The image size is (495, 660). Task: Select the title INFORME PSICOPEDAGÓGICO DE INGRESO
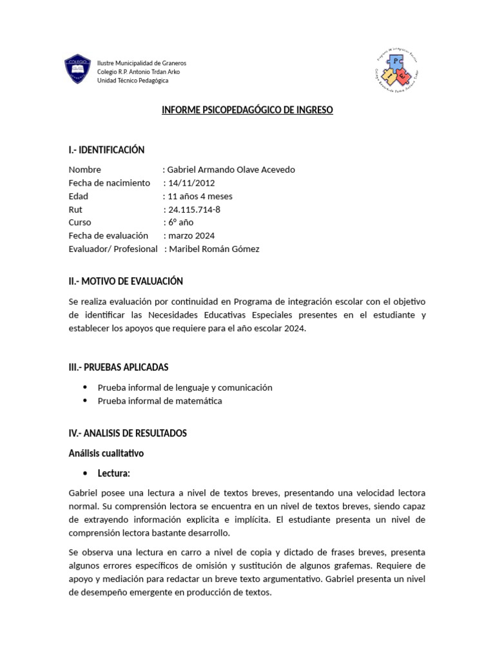pos(247,110)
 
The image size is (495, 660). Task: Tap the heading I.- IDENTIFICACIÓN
pos(106,150)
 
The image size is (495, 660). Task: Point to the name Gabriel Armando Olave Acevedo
pos(231,170)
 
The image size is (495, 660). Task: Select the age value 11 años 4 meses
pos(200,196)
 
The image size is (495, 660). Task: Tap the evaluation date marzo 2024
pos(191,236)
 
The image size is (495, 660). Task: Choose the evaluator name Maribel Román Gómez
pos(214,249)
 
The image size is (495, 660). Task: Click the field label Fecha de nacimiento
pos(109,183)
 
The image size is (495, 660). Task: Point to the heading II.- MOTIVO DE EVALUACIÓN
pos(126,282)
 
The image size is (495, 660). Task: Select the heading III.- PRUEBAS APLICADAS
pos(119,367)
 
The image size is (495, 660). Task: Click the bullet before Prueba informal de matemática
pos(85,401)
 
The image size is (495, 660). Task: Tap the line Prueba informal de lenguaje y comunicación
pos(185,387)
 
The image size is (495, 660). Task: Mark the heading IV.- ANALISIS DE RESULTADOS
pos(128,433)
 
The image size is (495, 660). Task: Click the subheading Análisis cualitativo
pos(106,454)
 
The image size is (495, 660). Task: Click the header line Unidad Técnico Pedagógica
pos(133,81)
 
